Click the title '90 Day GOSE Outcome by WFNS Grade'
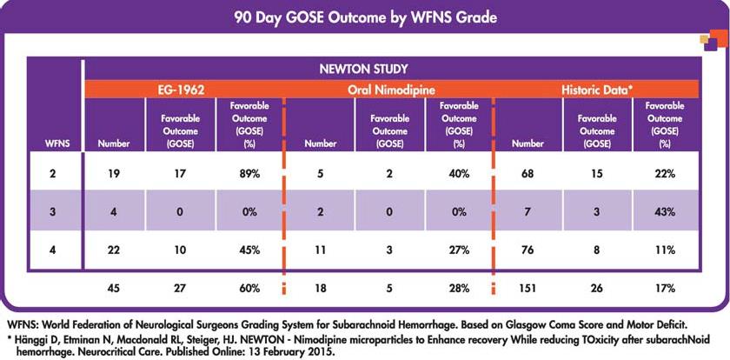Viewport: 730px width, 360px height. tap(365, 17)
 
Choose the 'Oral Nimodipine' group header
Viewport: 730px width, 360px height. tap(390, 88)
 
